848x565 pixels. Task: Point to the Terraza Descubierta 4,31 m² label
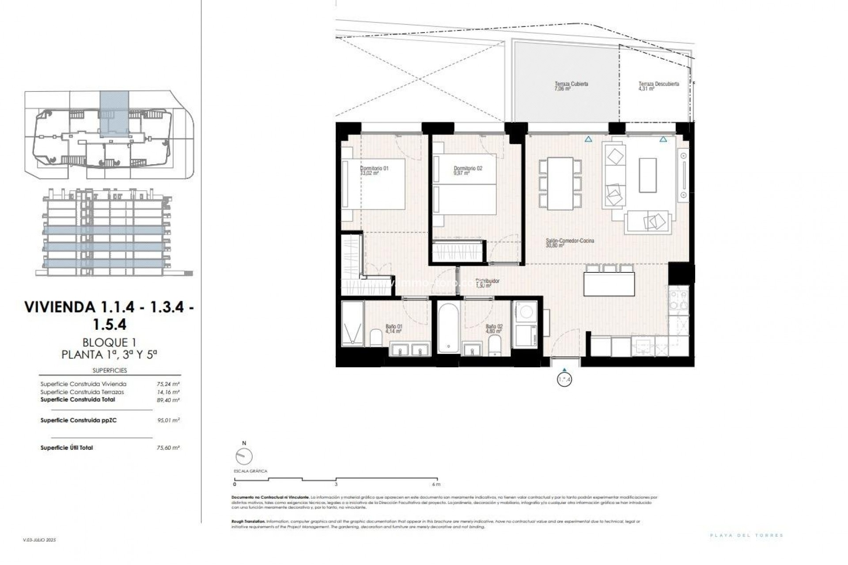click(x=658, y=86)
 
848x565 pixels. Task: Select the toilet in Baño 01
click(x=376, y=338)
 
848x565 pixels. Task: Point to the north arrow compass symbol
click(x=244, y=456)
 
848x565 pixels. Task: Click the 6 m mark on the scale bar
click(x=437, y=484)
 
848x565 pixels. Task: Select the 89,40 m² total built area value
click(x=168, y=400)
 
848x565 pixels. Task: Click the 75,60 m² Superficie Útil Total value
click(x=168, y=448)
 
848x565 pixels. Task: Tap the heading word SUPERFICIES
click(x=110, y=370)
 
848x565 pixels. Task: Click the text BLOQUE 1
click(x=109, y=342)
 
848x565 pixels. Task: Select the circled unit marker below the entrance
click(x=564, y=379)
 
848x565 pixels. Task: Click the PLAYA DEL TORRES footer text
click(x=746, y=535)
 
